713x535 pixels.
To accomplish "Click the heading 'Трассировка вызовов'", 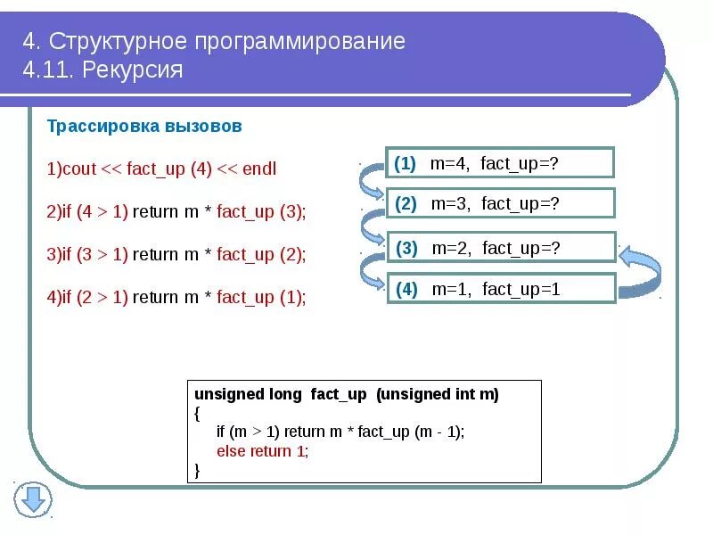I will [144, 127].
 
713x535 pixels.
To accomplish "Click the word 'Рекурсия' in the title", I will [133, 70].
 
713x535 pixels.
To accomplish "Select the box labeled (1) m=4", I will [499, 163].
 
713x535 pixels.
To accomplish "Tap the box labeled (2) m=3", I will [500, 203].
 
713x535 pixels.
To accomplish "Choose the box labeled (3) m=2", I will [500, 248].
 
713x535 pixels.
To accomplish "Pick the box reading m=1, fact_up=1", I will [501, 289].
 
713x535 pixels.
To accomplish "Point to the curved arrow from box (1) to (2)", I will [371, 184].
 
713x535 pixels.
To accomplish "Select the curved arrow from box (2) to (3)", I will [371, 226].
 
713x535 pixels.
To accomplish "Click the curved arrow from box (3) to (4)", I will [371, 267].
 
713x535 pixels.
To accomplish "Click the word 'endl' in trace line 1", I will [259, 169].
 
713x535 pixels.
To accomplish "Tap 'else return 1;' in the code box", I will [262, 450].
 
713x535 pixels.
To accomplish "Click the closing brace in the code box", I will [197, 469].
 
